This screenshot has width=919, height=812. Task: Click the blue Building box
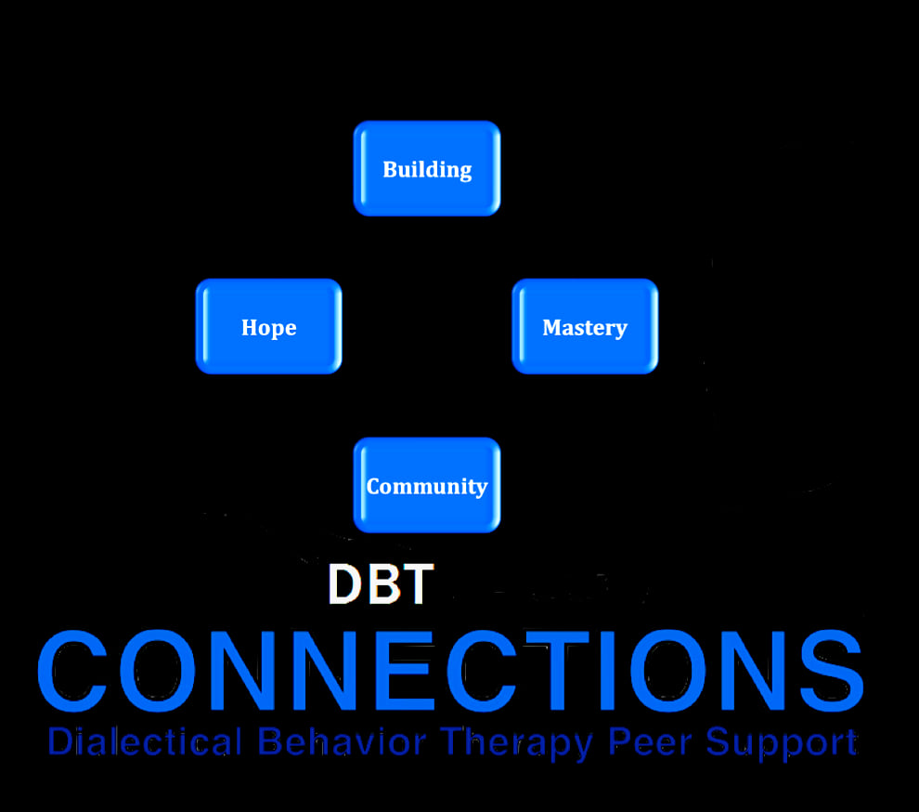pyautogui.click(x=427, y=168)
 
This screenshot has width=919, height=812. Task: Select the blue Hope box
pyautogui.click(x=269, y=326)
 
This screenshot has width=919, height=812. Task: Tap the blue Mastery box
pyautogui.click(x=585, y=326)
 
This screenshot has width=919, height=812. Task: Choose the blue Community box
pyautogui.click(x=427, y=485)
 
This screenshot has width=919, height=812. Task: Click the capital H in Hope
pyautogui.click(x=251, y=327)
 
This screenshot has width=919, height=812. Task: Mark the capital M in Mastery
pyautogui.click(x=554, y=327)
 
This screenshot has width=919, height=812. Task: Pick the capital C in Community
pyautogui.click(x=375, y=486)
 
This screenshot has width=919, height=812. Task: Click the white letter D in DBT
pyautogui.click(x=345, y=583)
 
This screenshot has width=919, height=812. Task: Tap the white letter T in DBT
pyautogui.click(x=417, y=583)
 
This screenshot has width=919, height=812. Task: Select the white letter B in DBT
pyautogui.click(x=382, y=583)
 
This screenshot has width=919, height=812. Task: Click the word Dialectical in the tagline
pyautogui.click(x=145, y=741)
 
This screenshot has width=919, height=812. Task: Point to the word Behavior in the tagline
pyautogui.click(x=342, y=741)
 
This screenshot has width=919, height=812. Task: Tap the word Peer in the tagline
pyautogui.click(x=650, y=741)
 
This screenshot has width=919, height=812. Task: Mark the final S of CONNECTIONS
pyautogui.click(x=832, y=671)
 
